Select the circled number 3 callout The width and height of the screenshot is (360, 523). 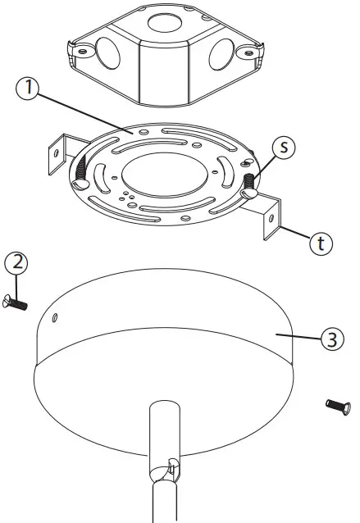(x=329, y=339)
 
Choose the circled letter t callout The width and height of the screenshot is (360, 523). (x=323, y=243)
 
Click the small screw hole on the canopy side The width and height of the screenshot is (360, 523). (x=54, y=317)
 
